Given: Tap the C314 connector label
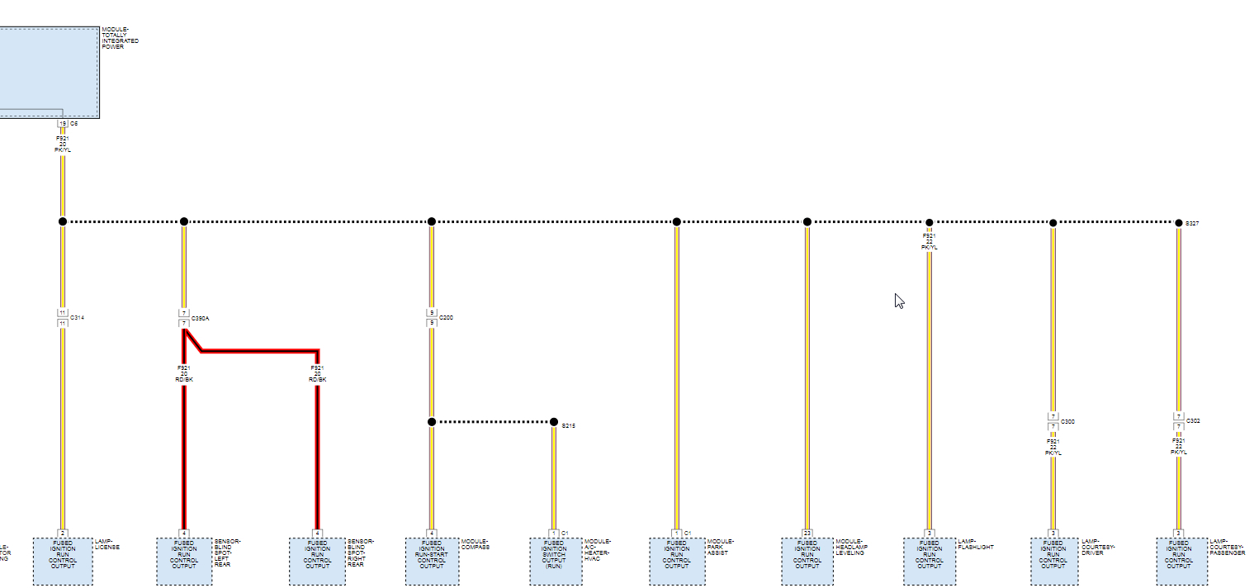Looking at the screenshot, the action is coord(78,317).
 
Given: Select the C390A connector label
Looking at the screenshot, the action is coord(201,318).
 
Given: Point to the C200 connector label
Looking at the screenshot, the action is coord(446,317).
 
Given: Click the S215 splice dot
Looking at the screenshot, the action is coord(554,422).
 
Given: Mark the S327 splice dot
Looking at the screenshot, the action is coord(1178,222).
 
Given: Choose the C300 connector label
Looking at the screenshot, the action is coord(1067,421).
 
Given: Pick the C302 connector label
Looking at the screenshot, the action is coord(1193,421).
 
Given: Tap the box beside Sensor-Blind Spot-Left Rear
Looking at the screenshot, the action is coord(183,561).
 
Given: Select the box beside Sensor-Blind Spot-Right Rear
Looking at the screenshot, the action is coord(317,561).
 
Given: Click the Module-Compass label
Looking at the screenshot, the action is coord(476,545).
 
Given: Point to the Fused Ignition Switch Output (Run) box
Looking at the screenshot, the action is coord(554,561).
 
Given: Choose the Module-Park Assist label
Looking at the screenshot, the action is coord(721,548).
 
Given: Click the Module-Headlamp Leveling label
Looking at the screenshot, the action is coord(850,548).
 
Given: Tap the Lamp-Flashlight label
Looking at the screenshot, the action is coord(976,545).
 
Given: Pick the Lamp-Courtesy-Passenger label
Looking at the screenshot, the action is coord(1228,548).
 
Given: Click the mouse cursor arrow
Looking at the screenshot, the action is coord(898,300).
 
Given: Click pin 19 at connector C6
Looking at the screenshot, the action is coord(62,123).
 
